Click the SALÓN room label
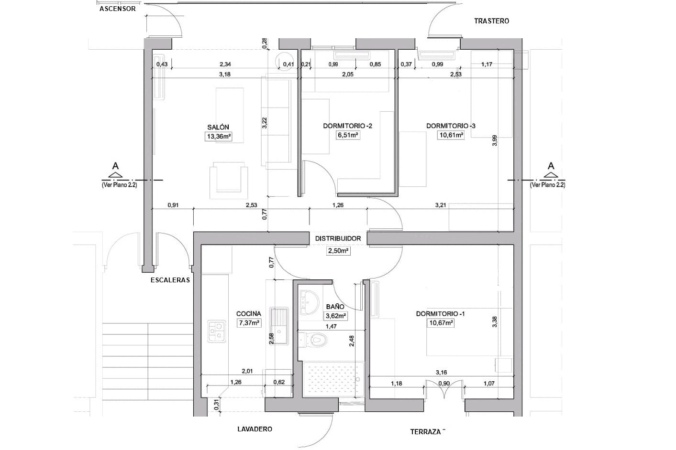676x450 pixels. coord(218,127)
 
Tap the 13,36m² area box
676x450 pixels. coord(219,137)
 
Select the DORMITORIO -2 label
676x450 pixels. coord(347,126)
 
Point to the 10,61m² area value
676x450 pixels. coord(451,135)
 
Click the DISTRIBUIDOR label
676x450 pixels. coord(338,238)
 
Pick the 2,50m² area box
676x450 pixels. coord(338,251)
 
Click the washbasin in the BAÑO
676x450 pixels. coord(309,302)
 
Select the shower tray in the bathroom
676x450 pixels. coord(333,380)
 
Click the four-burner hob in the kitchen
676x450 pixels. coord(217,331)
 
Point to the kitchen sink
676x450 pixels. coord(279,326)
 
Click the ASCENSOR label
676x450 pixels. coord(118,9)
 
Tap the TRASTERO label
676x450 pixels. coord(492,21)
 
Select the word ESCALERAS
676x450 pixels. coord(170,280)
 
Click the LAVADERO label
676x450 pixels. coord(255,429)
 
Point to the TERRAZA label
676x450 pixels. coord(425,432)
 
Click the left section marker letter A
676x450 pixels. coord(115,166)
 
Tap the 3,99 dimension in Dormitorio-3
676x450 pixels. coord(494,140)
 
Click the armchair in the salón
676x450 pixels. coord(229,180)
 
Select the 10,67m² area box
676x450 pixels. coord(441,323)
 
